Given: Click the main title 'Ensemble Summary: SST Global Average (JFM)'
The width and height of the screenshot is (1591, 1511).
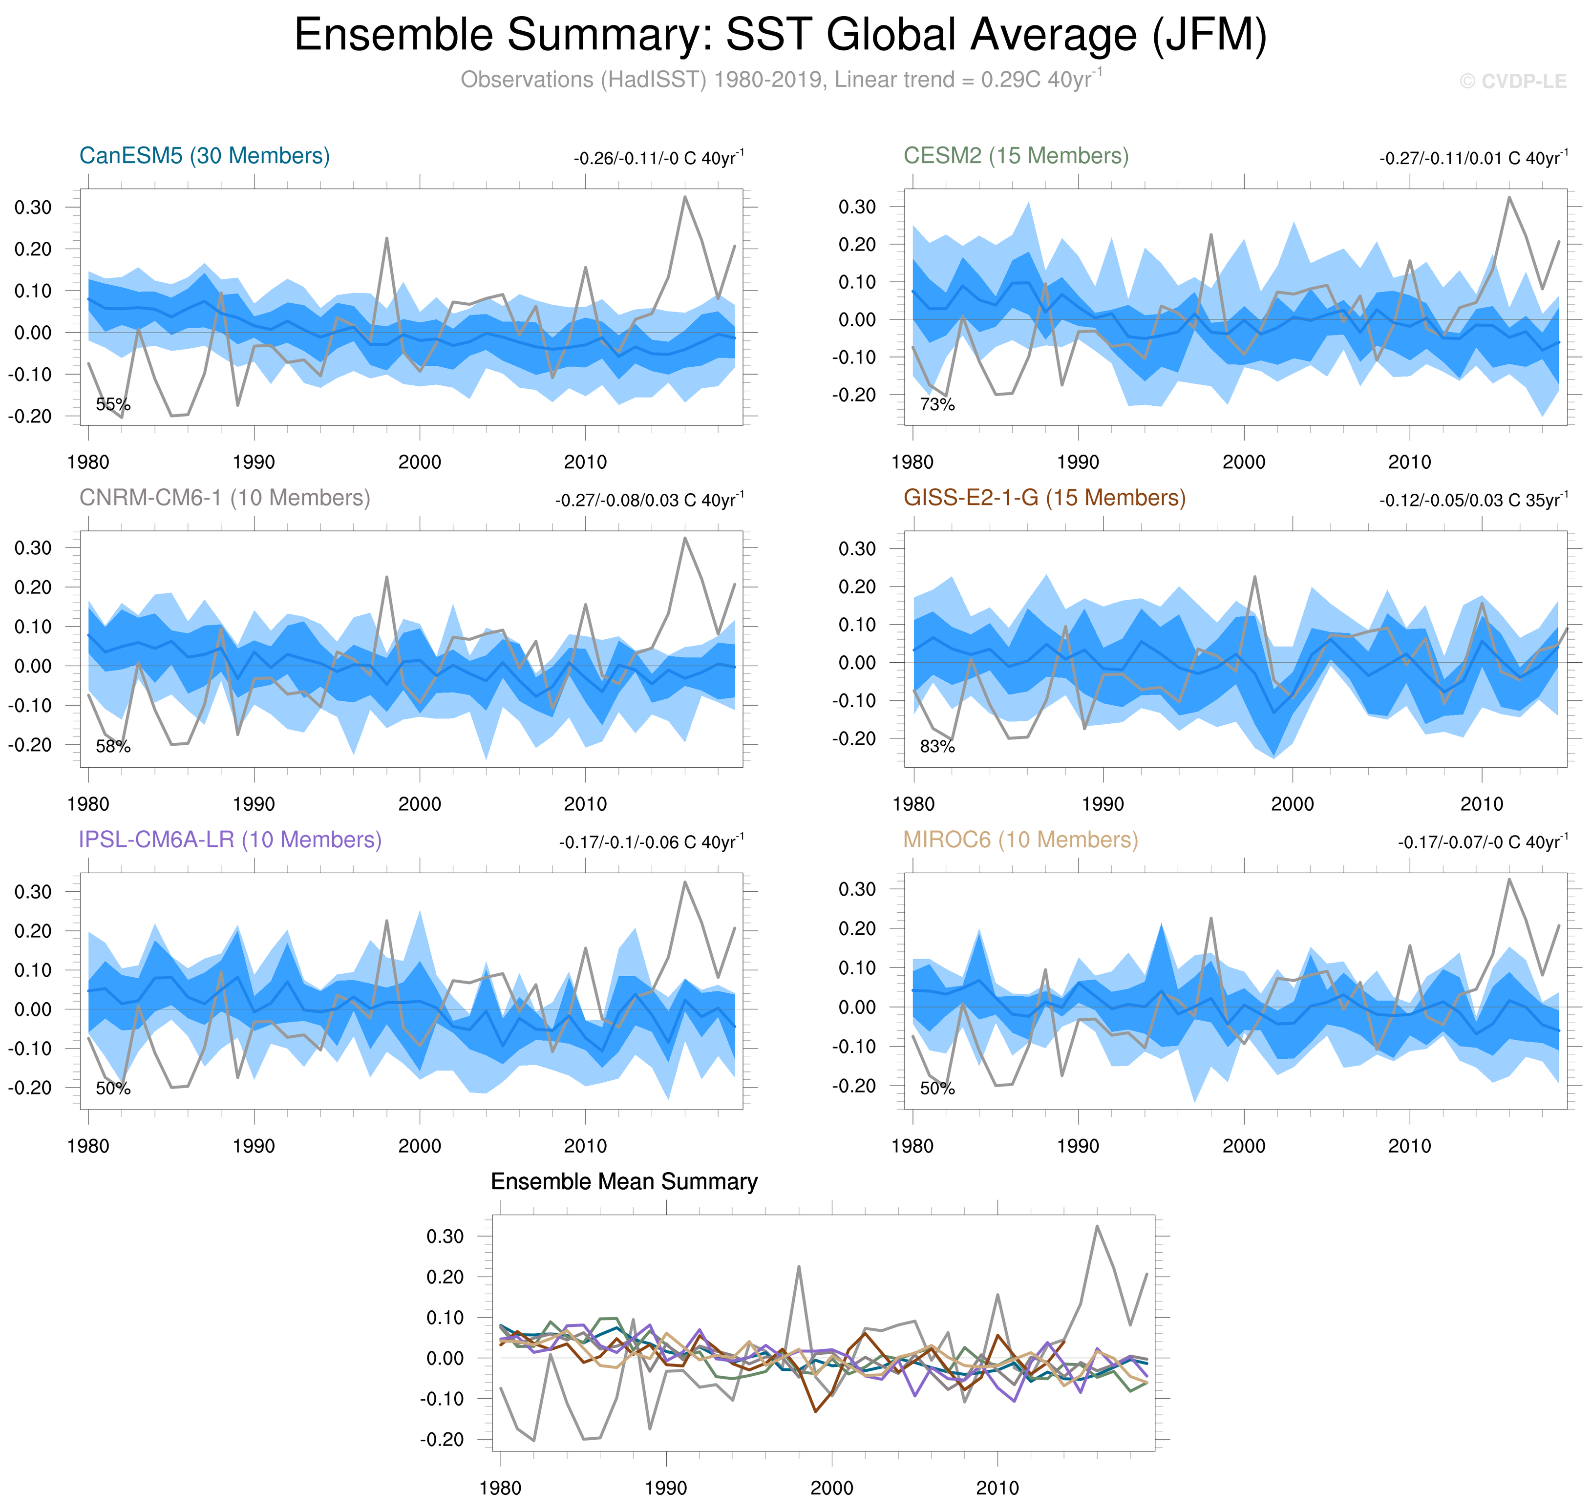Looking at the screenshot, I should tap(780, 36).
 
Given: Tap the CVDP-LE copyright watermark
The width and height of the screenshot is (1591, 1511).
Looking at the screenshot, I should tap(1512, 82).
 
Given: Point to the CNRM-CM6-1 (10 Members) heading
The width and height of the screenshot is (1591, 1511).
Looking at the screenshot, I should tap(224, 498).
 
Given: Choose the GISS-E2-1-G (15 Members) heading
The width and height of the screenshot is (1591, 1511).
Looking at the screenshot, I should tap(1044, 498).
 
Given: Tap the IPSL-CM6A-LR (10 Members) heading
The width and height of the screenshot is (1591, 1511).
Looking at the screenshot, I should tap(230, 839).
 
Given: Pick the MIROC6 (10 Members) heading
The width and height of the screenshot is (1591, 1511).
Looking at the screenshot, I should tap(1020, 839).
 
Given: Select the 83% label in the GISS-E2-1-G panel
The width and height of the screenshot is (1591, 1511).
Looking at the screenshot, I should tap(937, 747).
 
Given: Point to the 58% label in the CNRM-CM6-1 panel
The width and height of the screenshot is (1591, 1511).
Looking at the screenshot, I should tap(113, 747).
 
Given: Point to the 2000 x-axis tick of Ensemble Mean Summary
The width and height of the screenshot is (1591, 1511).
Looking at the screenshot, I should tap(831, 1488).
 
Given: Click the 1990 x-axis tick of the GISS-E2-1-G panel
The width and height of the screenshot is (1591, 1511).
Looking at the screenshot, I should tap(1102, 804).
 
